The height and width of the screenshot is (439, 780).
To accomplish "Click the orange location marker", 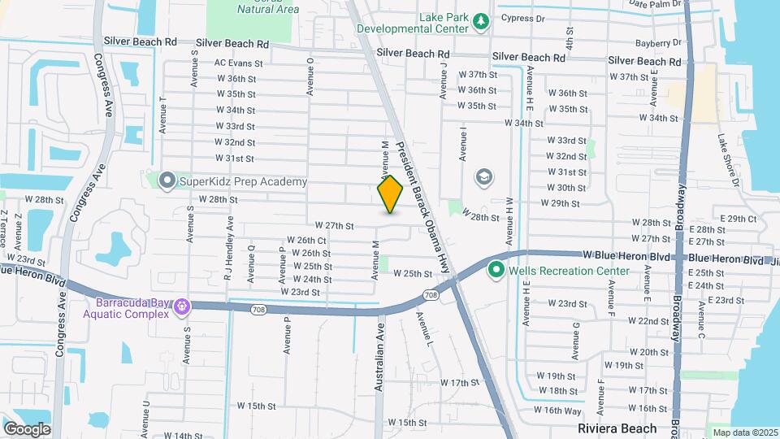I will (x=391, y=194).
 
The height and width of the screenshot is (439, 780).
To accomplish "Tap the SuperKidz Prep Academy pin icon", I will (x=168, y=181).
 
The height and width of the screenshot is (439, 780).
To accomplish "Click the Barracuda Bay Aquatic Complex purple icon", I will (x=180, y=306).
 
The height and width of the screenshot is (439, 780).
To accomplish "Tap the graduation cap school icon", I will (x=484, y=177).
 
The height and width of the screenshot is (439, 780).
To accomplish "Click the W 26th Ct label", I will (x=306, y=241).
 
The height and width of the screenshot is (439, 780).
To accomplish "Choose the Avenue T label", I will (x=163, y=115).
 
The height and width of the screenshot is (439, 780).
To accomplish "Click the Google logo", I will (x=27, y=428).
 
